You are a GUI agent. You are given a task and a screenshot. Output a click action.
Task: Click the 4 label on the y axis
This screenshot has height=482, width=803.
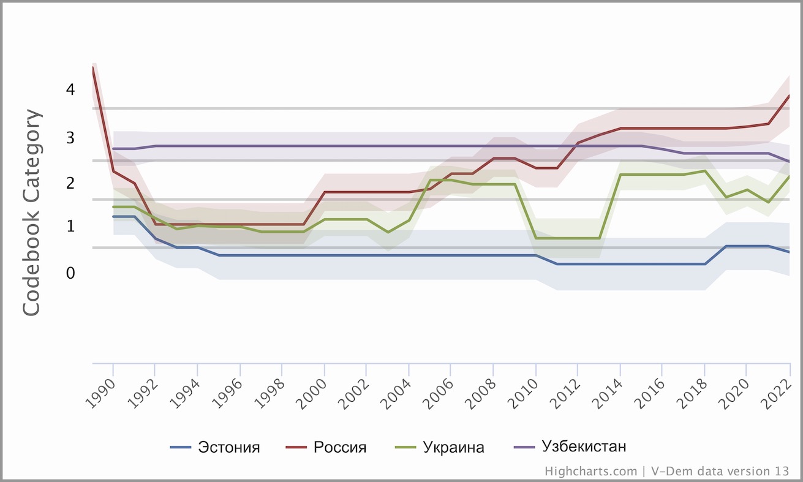(x=70, y=89)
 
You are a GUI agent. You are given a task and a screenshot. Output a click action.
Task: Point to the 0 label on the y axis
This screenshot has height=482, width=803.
(x=70, y=273)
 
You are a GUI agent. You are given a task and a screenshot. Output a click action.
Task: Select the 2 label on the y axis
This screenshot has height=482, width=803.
(x=70, y=183)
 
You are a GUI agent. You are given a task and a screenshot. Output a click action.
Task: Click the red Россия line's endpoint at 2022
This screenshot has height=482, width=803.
(x=790, y=96)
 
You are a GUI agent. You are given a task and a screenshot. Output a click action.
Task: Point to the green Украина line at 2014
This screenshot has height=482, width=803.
(x=620, y=175)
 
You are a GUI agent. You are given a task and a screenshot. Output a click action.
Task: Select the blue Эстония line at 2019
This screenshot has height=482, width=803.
(x=726, y=246)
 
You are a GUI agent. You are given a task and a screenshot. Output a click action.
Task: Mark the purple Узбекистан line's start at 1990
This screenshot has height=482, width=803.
(x=113, y=149)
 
